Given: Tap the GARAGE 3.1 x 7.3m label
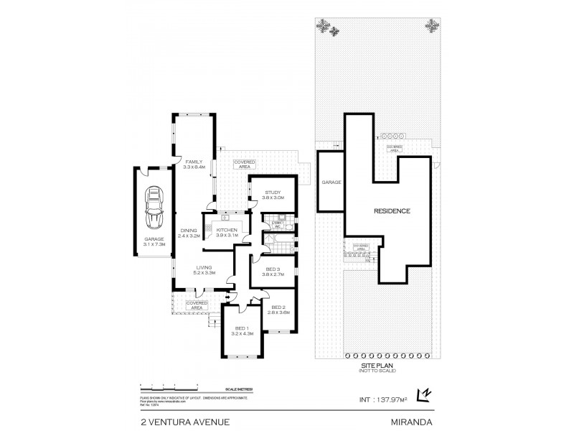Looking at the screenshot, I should (x=154, y=241).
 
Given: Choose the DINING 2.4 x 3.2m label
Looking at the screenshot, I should (x=189, y=233).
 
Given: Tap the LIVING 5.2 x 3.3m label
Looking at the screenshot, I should (x=204, y=271).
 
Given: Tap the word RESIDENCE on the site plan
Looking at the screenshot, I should (x=392, y=211).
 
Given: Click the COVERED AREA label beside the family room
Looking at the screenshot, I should (x=245, y=164).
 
